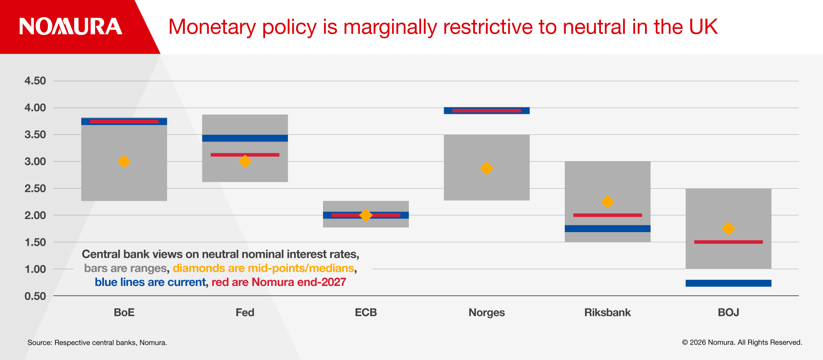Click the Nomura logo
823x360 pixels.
pos(71,27)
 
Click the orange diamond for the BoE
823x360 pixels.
pos(124,161)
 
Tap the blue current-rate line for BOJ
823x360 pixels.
pos(728,283)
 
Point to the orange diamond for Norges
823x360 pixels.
pos(487,168)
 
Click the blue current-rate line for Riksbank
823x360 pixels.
pos(607,229)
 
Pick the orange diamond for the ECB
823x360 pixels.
pos(366,215)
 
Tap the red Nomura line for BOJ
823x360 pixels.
pos(728,242)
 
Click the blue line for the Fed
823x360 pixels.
pos(245,138)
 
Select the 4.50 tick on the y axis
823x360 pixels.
pos(35,81)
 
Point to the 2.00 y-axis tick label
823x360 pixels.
pos(35,215)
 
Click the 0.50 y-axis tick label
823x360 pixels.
pos(35,296)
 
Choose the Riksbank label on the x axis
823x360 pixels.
pos(607,312)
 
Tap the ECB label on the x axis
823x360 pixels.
pos(366,312)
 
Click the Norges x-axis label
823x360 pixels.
pos(487,312)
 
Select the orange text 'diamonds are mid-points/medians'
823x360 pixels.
pos(263,268)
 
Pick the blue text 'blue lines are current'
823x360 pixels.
pos(150,282)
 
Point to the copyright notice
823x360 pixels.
pos(742,342)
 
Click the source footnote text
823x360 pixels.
pos(97,343)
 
